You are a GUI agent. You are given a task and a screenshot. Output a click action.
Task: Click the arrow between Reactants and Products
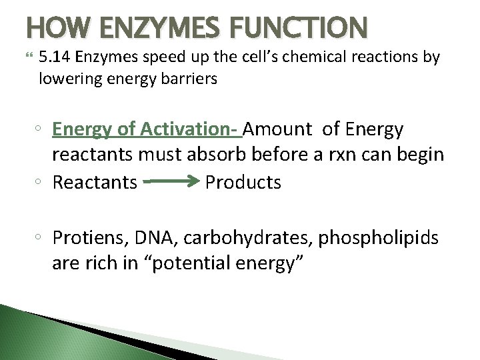[x=171, y=181]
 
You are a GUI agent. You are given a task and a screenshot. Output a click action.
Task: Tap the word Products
[x=243, y=182]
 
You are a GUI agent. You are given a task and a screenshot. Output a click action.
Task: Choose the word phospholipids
[x=381, y=237]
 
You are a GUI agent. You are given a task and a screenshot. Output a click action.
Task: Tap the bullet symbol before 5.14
[x=29, y=57]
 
